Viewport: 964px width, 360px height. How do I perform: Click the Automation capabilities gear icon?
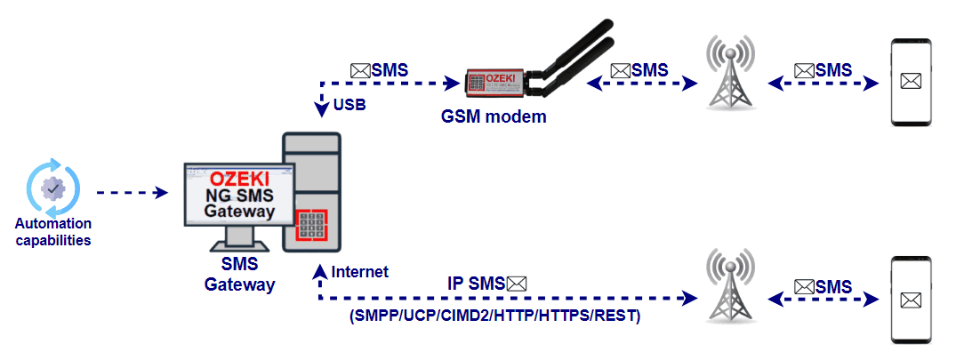[53, 188]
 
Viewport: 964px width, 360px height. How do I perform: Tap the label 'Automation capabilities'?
[53, 231]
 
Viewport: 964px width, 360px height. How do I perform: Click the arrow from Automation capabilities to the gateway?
[132, 192]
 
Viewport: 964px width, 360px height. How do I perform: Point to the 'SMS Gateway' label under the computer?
[239, 276]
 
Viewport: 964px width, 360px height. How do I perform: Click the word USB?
[350, 106]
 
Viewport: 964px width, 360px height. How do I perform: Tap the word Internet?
[359, 271]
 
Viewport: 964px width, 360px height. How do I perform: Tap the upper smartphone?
[912, 82]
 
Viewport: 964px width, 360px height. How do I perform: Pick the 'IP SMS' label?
[475, 283]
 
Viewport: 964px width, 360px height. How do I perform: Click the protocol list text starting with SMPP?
[494, 316]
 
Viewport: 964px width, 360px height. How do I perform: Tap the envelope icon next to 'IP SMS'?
[517, 283]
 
